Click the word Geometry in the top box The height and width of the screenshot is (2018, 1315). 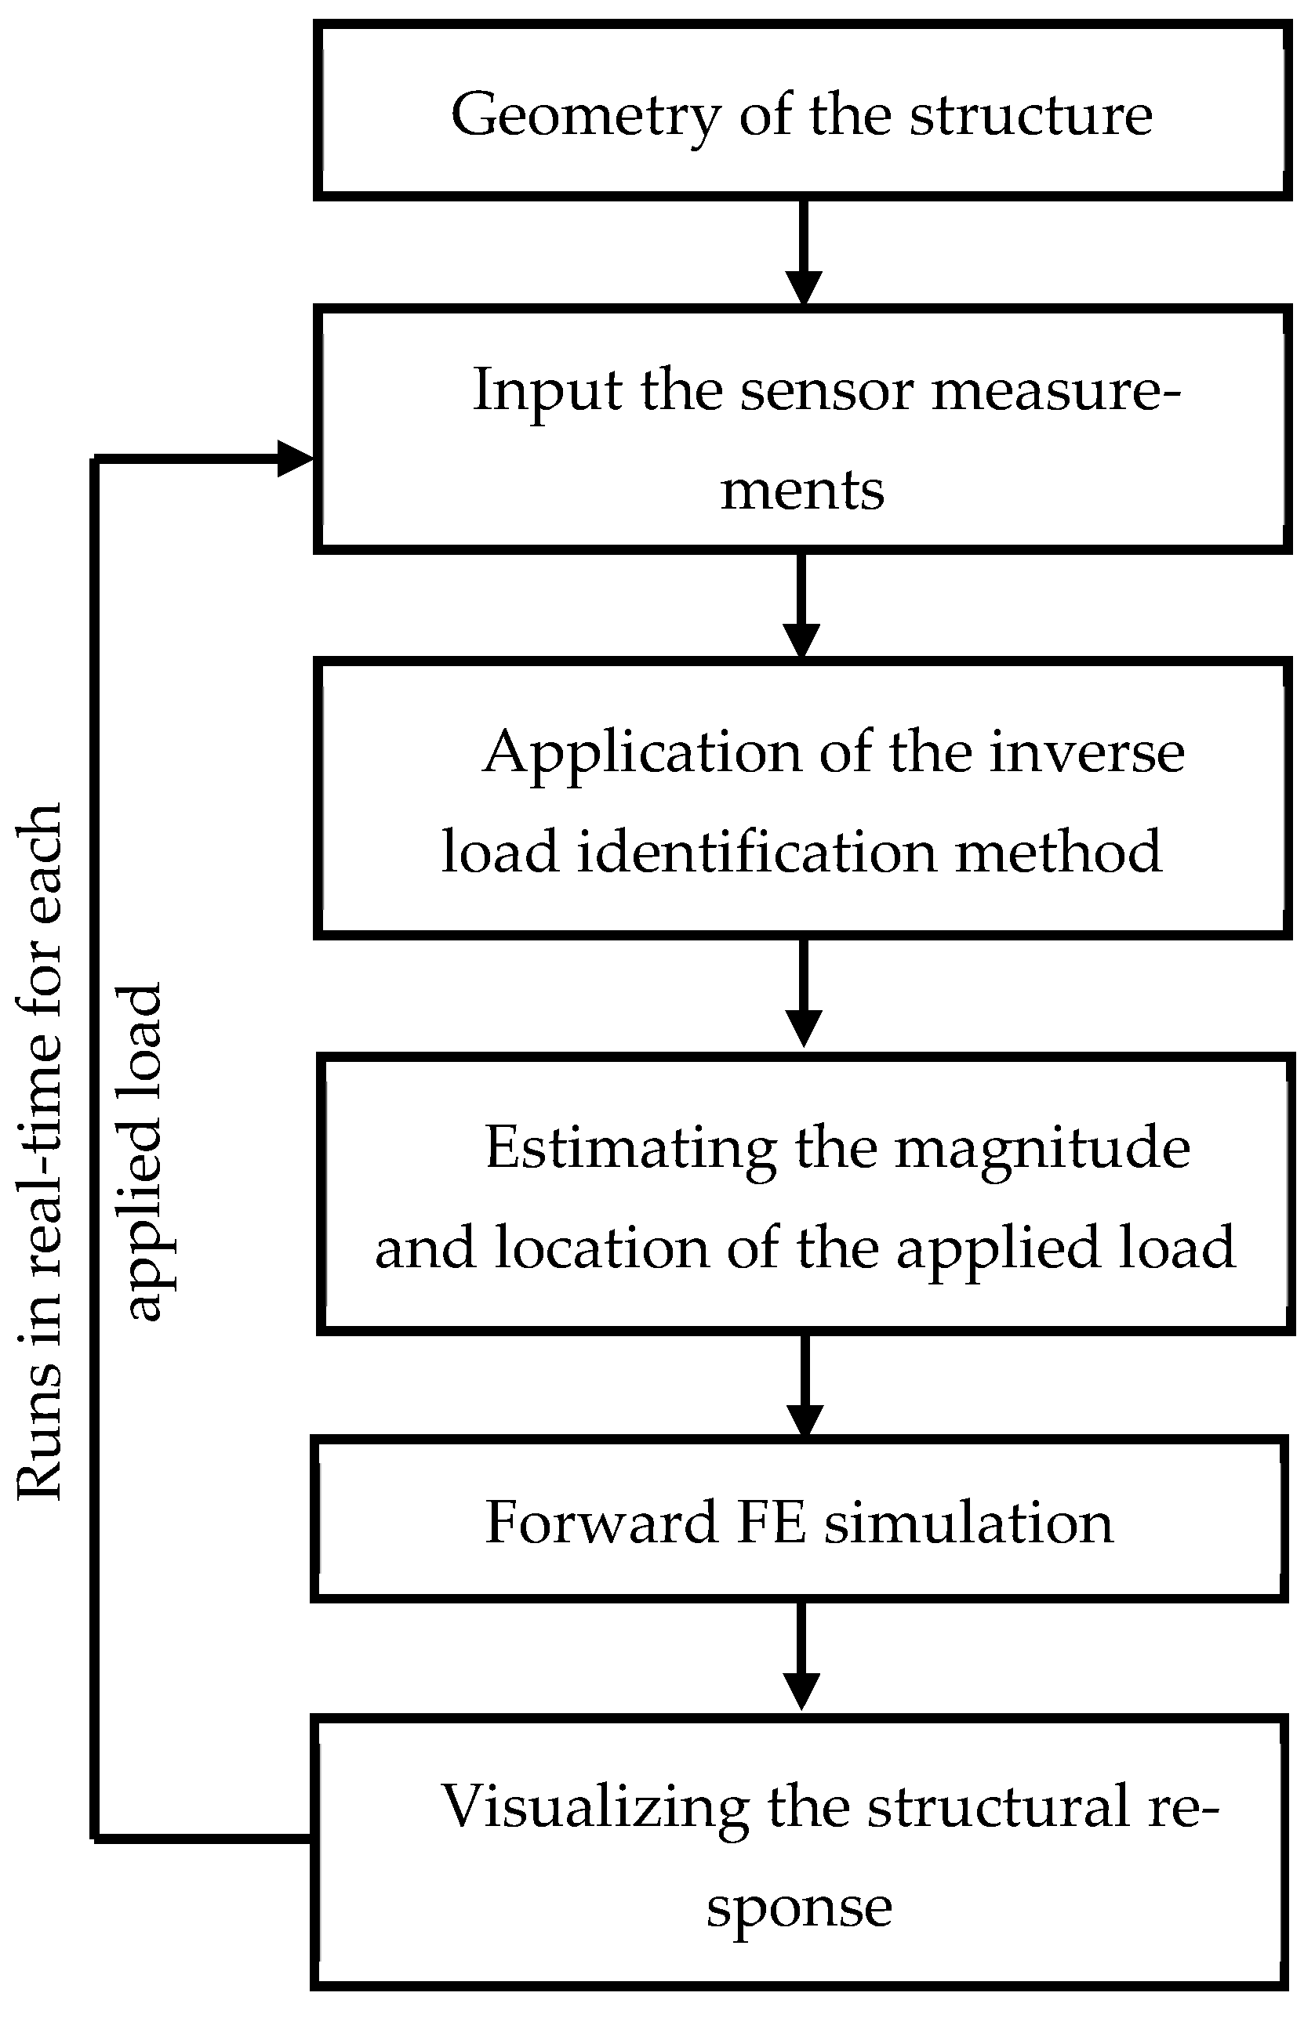(x=586, y=115)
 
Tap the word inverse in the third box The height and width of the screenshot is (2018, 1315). (x=1087, y=753)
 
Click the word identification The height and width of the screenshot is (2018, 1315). (x=757, y=852)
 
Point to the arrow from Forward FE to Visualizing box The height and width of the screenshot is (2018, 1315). (x=801, y=1658)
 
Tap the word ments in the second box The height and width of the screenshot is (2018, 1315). (x=801, y=491)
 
